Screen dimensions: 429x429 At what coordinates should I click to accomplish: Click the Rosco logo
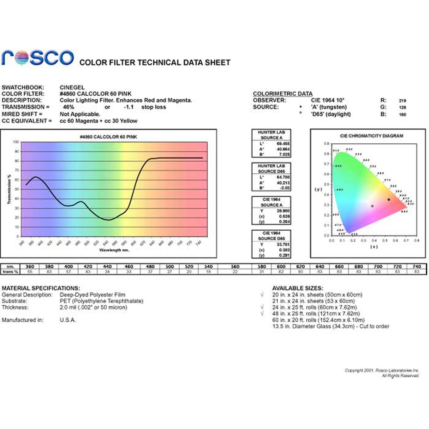(x=38, y=58)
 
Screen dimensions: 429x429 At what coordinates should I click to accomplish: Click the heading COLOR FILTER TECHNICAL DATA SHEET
(x=155, y=62)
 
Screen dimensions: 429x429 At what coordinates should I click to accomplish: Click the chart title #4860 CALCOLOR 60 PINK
(x=108, y=137)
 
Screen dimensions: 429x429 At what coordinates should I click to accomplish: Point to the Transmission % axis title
(x=9, y=190)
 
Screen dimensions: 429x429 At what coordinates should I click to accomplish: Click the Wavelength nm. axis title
(x=114, y=250)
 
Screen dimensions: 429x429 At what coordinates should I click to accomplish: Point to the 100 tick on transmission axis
(x=16, y=142)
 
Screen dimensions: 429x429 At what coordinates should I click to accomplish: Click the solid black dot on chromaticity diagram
(x=389, y=199)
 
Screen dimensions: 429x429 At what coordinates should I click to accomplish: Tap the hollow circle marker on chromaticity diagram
(x=372, y=206)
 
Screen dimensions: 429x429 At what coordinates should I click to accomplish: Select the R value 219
(x=403, y=101)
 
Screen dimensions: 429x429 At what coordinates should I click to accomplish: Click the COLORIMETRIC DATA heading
(x=283, y=94)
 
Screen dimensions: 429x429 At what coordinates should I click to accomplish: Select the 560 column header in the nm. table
(x=235, y=266)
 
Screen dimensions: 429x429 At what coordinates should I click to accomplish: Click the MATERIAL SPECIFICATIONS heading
(x=41, y=288)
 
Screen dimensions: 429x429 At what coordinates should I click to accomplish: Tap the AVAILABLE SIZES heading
(x=297, y=288)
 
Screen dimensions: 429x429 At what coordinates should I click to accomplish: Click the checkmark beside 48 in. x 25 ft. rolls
(x=262, y=313)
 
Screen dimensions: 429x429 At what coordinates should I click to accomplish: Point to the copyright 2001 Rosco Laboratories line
(x=382, y=370)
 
